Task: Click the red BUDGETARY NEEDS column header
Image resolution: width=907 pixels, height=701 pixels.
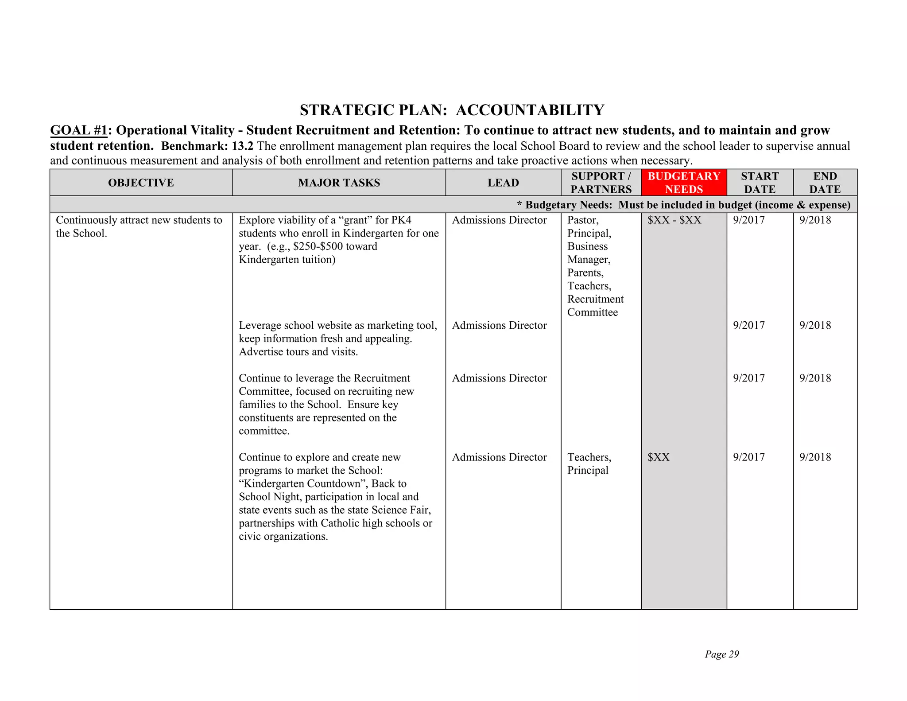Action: pos(683,183)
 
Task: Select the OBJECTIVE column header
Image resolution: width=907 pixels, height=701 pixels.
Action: pos(141,183)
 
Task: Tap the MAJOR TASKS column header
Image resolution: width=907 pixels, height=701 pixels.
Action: pos(339,183)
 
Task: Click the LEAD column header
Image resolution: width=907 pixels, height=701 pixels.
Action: pos(503,183)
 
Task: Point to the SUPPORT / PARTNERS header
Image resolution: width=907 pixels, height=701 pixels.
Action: pos(601,183)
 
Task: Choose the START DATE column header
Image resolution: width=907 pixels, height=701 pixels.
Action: pos(760,183)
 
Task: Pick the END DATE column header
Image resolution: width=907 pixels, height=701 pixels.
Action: pos(825,183)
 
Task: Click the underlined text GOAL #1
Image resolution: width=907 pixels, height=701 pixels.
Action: pos(78,130)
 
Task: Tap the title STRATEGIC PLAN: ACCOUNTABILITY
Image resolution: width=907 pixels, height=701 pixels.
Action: pos(452,110)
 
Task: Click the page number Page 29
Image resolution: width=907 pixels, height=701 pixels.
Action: pos(721,654)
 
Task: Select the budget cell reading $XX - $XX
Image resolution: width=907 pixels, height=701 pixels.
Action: pos(674,220)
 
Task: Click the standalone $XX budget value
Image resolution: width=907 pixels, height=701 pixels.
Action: pos(658,457)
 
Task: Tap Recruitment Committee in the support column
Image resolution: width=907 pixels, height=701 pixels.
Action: pos(595,306)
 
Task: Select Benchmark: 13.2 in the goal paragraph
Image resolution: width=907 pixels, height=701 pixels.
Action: pos(207,146)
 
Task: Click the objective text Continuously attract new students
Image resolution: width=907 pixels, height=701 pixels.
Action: pos(139,220)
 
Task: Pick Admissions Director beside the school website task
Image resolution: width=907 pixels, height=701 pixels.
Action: pos(499,325)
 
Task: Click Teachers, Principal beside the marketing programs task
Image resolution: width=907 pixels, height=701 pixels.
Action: pos(589,463)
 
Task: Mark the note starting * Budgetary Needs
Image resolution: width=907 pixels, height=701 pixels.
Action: pos(683,205)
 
